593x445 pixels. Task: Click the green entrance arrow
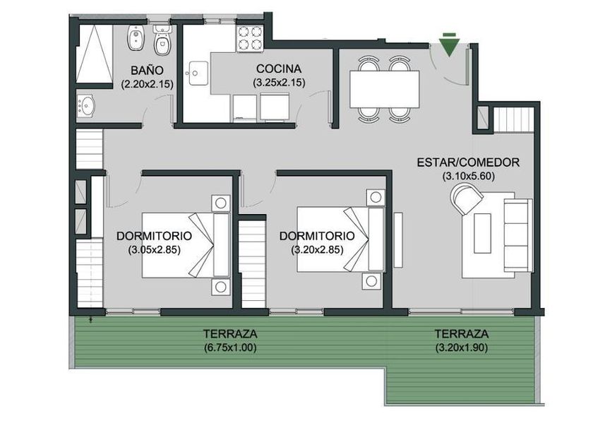tap(449, 45)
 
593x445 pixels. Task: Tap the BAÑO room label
tap(147, 71)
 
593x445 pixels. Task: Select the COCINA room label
tap(279, 69)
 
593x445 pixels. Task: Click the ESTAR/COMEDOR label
tap(468, 162)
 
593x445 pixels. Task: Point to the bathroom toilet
tap(162, 40)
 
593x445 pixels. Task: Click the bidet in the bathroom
tap(135, 38)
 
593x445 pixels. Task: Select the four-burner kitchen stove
tap(250, 38)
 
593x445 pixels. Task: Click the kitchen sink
tap(197, 73)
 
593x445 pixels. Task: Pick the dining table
tap(384, 89)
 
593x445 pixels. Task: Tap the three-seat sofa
tap(517, 235)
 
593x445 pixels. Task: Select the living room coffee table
tap(483, 233)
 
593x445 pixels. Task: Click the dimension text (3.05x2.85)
tap(154, 250)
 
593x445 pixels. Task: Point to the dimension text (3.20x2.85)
tap(317, 250)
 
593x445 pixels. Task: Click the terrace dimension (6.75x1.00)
tap(230, 348)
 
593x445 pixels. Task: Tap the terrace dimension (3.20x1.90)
tap(462, 348)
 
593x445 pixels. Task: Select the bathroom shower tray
tap(95, 54)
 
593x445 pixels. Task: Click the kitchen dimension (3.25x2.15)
tap(279, 83)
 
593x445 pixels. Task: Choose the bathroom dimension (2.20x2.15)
tap(147, 84)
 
